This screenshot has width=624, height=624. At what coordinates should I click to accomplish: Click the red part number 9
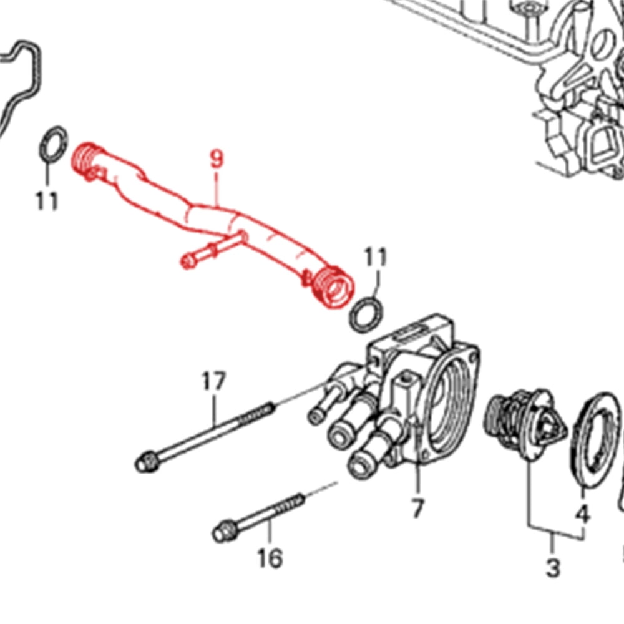[217, 158]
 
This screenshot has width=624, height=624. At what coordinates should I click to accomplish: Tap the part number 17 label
[213, 381]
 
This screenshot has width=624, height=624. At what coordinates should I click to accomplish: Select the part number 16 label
[270, 558]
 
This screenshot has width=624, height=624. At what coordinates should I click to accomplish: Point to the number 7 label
[417, 508]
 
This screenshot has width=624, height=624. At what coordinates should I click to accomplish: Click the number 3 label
[553, 567]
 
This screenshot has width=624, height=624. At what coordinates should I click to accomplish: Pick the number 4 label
[583, 515]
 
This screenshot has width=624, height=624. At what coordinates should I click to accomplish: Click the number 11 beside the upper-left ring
[47, 200]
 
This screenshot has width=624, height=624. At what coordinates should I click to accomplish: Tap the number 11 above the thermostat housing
[376, 257]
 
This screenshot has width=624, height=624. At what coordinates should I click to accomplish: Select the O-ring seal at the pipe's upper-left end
[54, 144]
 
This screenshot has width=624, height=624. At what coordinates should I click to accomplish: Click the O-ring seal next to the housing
[368, 314]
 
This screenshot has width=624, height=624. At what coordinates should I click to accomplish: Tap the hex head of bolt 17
[147, 462]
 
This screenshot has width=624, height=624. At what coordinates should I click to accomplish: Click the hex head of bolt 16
[225, 530]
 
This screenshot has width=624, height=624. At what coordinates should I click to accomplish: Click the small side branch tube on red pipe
[213, 250]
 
